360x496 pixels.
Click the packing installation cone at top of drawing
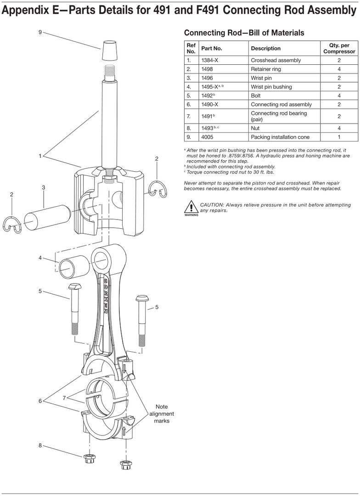[109, 51]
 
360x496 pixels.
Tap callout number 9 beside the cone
[40, 32]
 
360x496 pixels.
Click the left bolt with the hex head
[74, 309]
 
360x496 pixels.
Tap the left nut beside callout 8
[90, 458]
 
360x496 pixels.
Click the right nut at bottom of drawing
[125, 465]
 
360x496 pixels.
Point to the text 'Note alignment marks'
[161, 413]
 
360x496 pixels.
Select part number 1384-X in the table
[210, 60]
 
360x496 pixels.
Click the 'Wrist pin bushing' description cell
[271, 87]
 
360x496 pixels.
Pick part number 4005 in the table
[207, 137]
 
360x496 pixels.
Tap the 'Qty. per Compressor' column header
[339, 48]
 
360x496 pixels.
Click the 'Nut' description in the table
[255, 128]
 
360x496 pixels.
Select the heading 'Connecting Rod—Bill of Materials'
[244, 33]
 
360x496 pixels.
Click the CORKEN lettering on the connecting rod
[106, 295]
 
